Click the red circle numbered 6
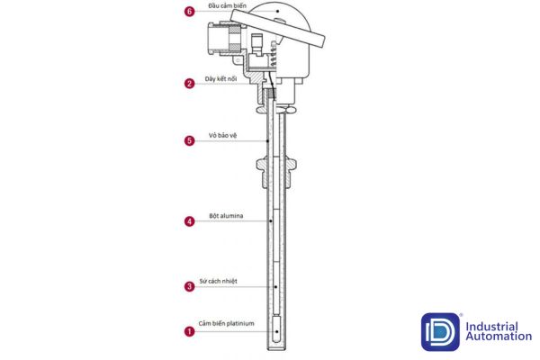[189, 12]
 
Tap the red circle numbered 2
[189, 84]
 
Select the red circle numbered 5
[189, 140]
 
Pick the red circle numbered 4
[189, 221]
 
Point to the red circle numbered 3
[189, 286]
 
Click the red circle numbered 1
[189, 331]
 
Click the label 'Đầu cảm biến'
[228, 6]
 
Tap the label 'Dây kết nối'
[220, 79]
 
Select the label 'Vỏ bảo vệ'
[223, 135]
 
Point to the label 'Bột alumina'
[226, 216]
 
